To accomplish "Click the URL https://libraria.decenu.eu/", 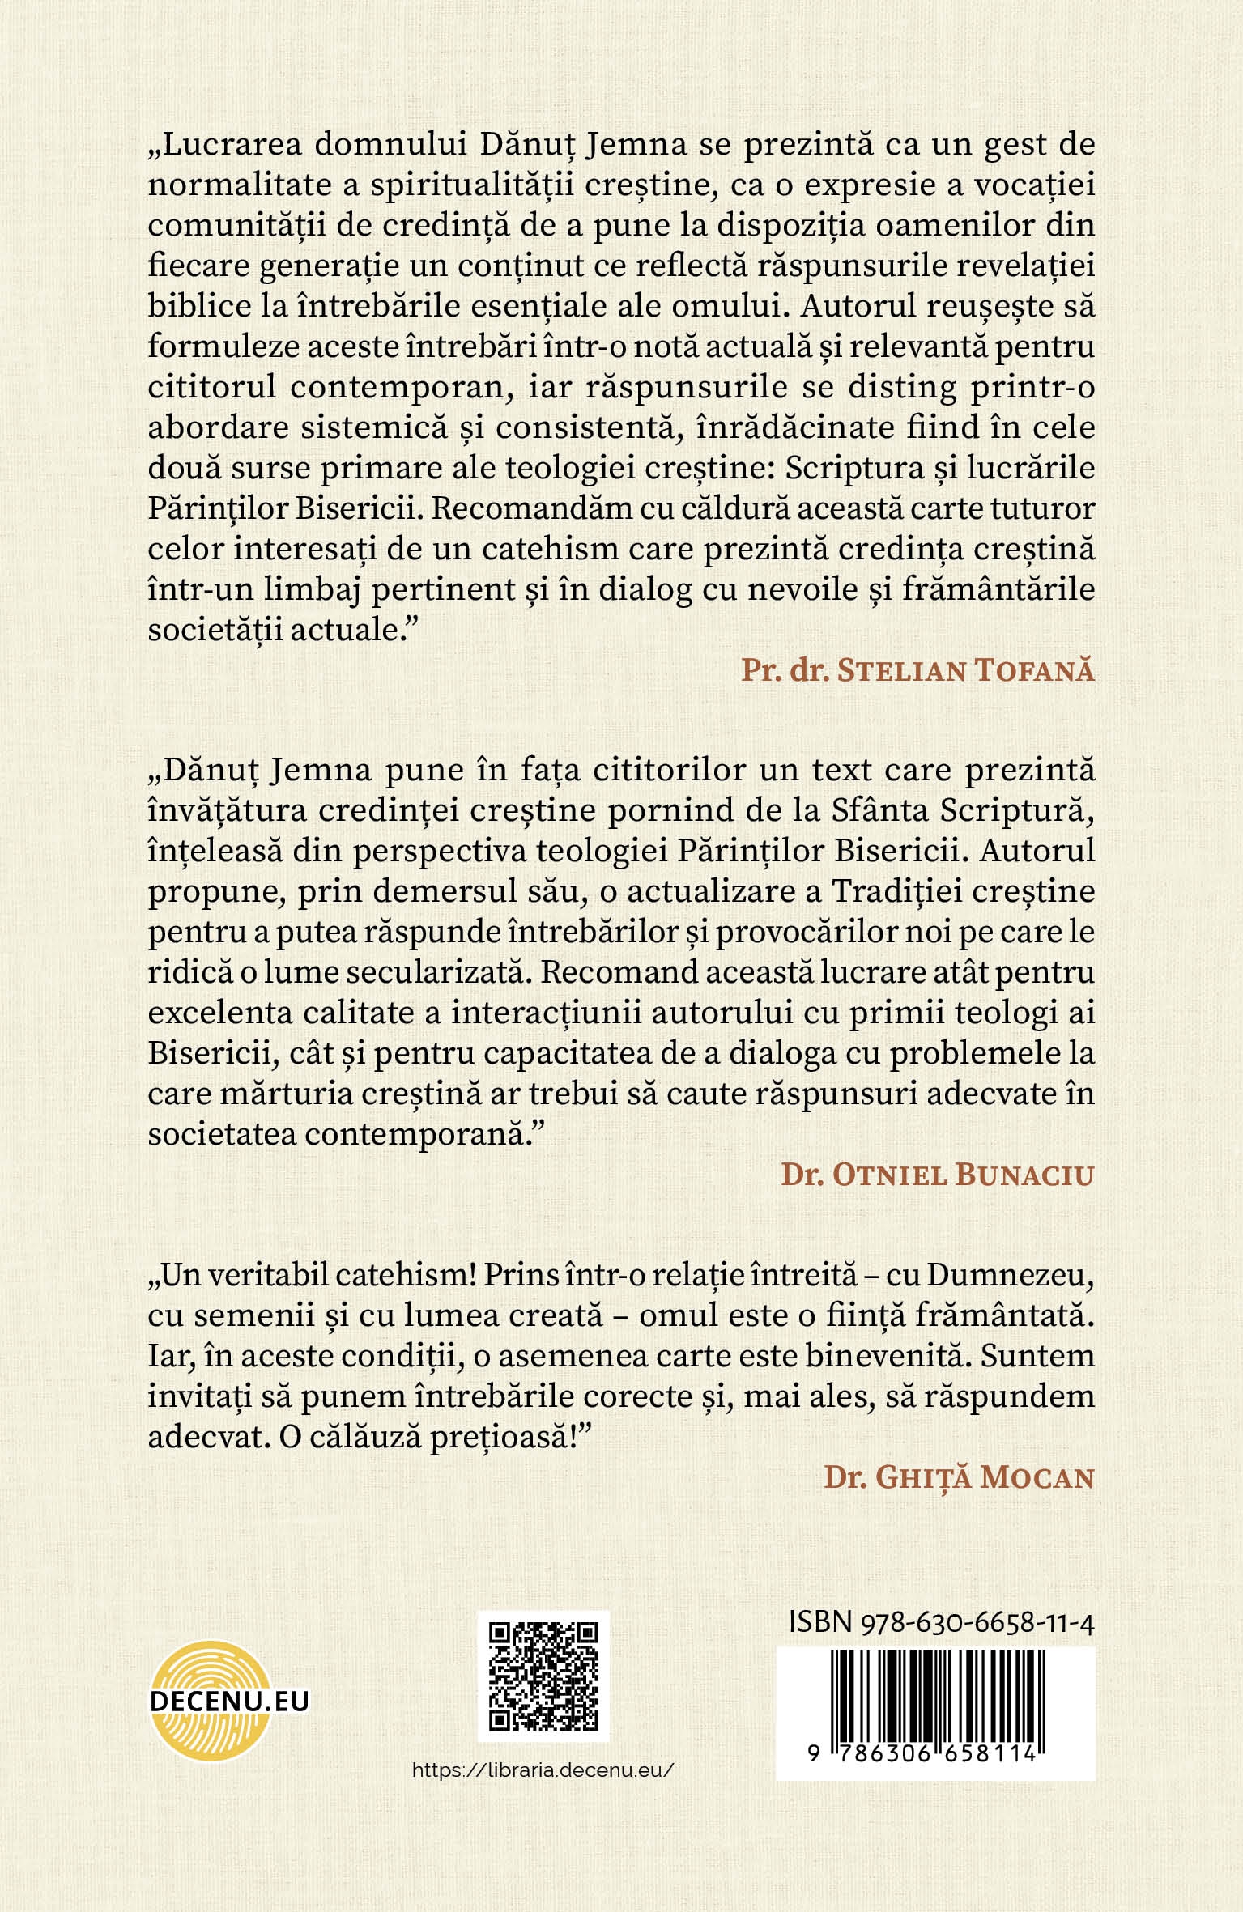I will (x=543, y=1770).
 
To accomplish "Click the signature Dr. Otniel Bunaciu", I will (x=937, y=1175).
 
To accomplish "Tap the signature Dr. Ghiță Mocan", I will (x=959, y=1478).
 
